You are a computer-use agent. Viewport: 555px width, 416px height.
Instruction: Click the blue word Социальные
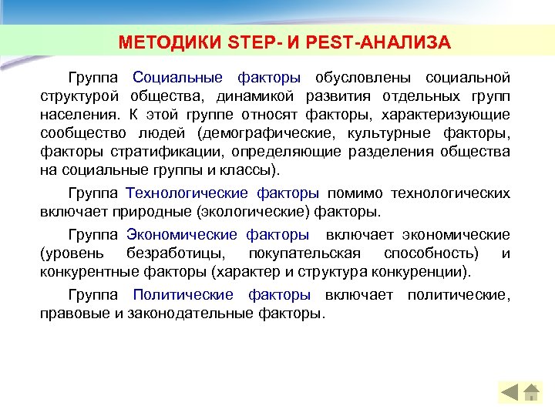pyautogui.click(x=178, y=78)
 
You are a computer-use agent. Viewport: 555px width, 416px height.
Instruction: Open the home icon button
pyautogui.click(x=531, y=392)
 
